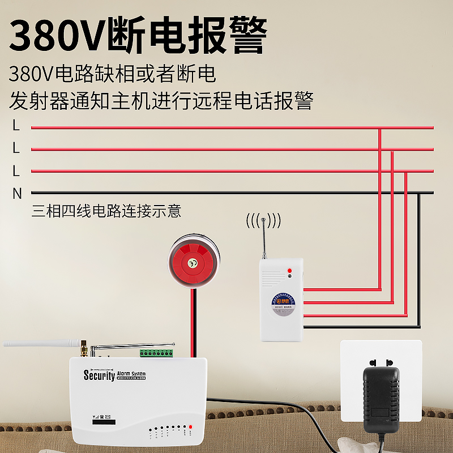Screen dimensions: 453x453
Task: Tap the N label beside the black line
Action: point(17,194)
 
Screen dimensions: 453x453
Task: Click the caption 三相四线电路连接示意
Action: point(106,211)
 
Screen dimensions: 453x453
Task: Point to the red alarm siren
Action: point(193,262)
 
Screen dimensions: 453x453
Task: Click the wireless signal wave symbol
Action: point(263,220)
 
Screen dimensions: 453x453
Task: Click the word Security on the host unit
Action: point(99,375)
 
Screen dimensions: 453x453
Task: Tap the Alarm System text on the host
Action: point(131,374)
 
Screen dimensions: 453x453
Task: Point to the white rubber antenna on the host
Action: point(40,343)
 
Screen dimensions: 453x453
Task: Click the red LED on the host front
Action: point(191,426)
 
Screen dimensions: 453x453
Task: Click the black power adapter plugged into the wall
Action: point(381,399)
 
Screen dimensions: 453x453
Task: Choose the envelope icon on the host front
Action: point(108,417)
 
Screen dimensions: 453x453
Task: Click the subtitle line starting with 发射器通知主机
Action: point(161,102)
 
